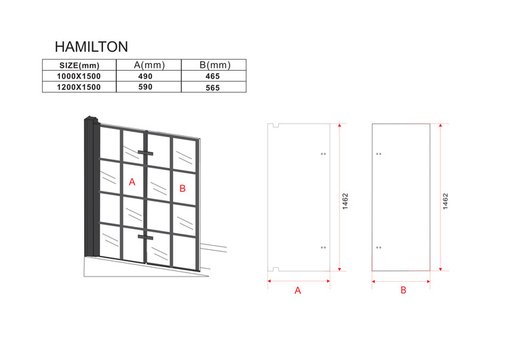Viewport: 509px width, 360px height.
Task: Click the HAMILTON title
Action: pos(91,47)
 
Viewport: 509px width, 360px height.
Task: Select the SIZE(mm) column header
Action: pos(79,65)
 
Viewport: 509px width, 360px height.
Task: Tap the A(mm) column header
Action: pos(149,65)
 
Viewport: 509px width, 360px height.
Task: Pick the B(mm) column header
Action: pos(215,65)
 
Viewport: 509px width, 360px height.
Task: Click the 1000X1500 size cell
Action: pos(79,76)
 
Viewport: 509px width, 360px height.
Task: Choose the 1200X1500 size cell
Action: pos(79,87)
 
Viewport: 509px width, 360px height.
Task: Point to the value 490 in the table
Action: pos(145,76)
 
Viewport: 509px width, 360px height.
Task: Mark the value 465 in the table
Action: pos(212,76)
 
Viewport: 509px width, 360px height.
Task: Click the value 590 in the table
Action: pos(145,87)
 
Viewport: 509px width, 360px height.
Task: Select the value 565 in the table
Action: pos(212,88)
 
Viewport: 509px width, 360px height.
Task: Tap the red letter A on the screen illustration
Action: pos(132,182)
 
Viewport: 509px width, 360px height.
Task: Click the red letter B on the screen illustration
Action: pos(183,188)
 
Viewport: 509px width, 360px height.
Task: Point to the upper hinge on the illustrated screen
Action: pos(145,153)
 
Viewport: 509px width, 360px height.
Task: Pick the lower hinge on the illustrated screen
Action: pos(145,237)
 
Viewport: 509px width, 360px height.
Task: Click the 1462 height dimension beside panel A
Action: pos(345,202)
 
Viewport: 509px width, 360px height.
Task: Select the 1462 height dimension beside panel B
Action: pos(445,202)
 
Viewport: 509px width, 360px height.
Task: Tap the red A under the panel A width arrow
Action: pos(298,291)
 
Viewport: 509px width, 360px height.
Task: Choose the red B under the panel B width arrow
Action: pos(403,290)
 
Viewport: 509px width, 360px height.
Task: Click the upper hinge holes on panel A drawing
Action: pos(323,154)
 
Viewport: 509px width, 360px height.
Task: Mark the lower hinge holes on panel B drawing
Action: pos(379,247)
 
